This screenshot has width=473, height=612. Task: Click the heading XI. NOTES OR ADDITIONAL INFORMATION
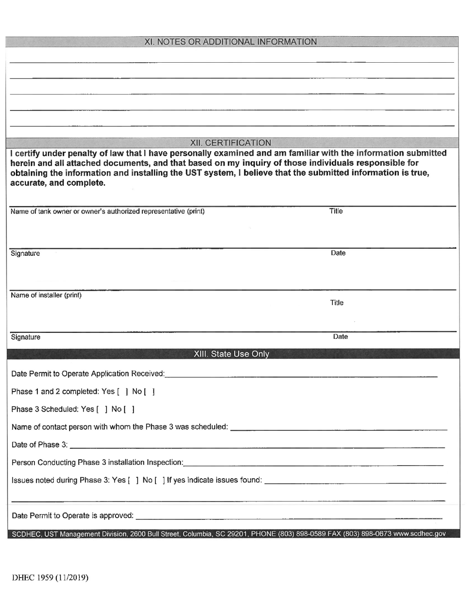(231, 42)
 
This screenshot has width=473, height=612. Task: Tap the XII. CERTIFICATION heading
(231, 143)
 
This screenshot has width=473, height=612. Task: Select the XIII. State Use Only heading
(232, 354)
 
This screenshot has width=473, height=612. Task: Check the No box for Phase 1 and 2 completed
(149, 392)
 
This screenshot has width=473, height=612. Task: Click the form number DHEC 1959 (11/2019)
(50, 578)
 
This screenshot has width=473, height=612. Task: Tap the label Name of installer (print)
(46, 295)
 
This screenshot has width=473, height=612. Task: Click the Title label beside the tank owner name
(336, 211)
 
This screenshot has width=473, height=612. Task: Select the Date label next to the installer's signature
(341, 337)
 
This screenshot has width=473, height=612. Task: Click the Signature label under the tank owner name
(25, 253)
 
